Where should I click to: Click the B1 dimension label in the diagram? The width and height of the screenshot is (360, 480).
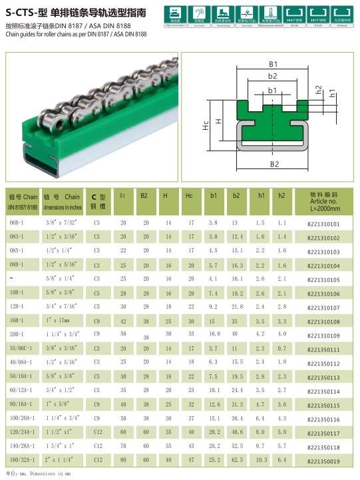tap(273, 64)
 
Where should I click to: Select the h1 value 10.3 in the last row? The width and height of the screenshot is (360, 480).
tap(262, 460)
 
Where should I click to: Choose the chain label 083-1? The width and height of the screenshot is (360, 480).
tap(17, 238)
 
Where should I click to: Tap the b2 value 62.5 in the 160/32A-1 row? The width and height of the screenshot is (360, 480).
tap(237, 460)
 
